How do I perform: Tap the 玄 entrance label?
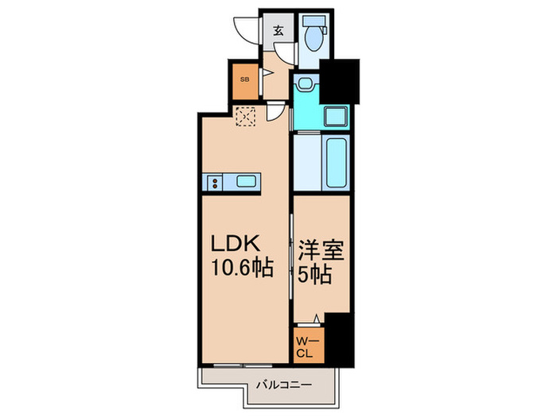tap(278, 32)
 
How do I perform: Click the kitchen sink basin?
tap(246, 183)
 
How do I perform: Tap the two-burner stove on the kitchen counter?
tap(215, 183)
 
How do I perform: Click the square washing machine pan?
tap(336, 116)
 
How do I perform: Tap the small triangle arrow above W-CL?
tap(317, 319)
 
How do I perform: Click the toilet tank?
tap(315, 22)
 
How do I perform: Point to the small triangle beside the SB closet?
tap(267, 73)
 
